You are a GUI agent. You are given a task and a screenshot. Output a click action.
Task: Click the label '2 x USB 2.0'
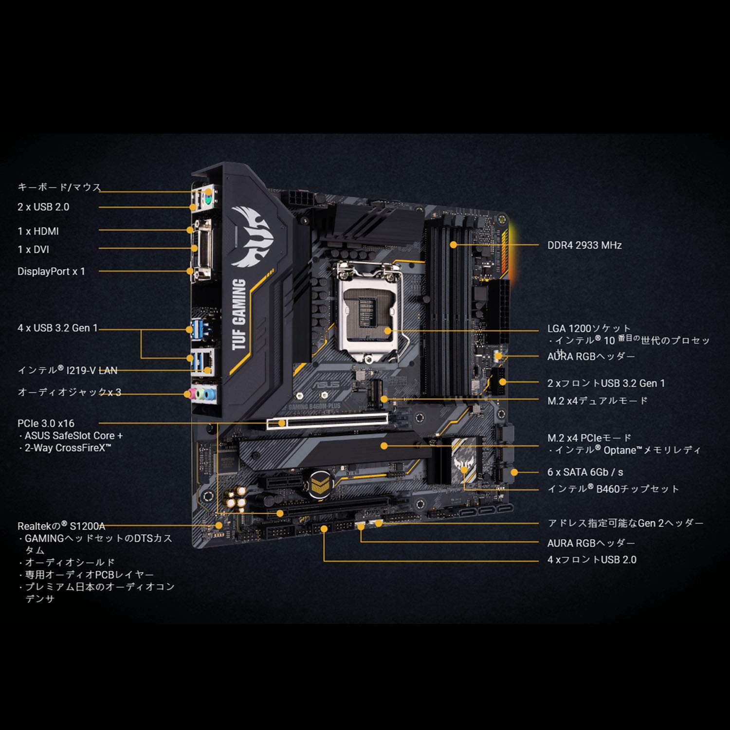pyautogui.click(x=43, y=207)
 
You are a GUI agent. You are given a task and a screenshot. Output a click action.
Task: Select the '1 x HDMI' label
pyautogui.click(x=38, y=231)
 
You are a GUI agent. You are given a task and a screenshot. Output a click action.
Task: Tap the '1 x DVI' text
pyautogui.click(x=33, y=249)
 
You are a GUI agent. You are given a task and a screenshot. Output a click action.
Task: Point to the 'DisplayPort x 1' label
pyautogui.click(x=51, y=271)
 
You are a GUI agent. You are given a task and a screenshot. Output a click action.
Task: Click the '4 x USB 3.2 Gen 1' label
pyautogui.click(x=57, y=328)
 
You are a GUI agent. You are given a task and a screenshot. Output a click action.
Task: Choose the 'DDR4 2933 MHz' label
pyautogui.click(x=584, y=245)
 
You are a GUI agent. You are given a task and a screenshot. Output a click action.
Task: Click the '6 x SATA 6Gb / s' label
pyautogui.click(x=584, y=472)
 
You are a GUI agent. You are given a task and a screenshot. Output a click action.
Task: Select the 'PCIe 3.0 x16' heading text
pyautogui.click(x=46, y=423)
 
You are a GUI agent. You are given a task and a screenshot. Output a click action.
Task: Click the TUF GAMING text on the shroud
pyautogui.click(x=238, y=314)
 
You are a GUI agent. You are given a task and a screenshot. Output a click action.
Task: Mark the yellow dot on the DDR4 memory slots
pyautogui.click(x=453, y=245)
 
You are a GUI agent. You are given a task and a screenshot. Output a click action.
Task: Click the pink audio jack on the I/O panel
pyautogui.click(x=194, y=393)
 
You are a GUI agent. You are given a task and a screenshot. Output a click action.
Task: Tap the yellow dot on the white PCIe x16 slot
pyautogui.click(x=282, y=423)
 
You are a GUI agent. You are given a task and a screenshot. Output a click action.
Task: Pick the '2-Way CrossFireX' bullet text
pyautogui.click(x=68, y=448)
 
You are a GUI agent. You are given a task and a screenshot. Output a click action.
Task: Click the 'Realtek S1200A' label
pyautogui.click(x=61, y=526)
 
